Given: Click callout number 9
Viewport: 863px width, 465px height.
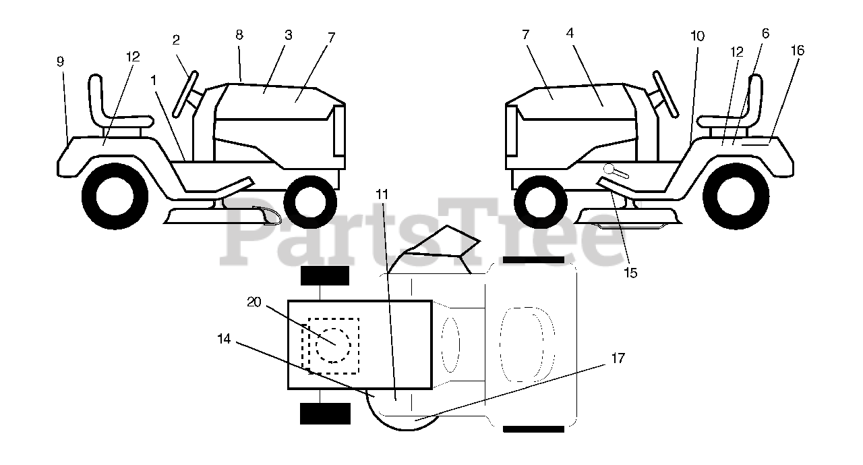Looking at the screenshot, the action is [61, 61].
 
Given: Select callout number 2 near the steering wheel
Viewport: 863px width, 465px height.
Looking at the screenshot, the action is [176, 40].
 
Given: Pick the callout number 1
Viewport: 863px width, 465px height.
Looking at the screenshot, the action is [154, 80].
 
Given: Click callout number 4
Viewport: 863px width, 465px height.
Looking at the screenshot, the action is [570, 32].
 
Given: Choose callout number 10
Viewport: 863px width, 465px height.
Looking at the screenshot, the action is [697, 36].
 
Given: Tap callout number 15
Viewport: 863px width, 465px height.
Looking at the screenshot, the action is [630, 273].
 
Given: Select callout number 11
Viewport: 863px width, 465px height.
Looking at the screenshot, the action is [382, 194].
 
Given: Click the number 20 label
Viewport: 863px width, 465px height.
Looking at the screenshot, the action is [254, 302].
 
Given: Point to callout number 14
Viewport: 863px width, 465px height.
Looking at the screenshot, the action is [224, 339].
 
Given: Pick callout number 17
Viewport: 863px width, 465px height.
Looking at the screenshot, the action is [618, 358].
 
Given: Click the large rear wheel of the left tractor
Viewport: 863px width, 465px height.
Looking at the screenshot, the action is [115, 196].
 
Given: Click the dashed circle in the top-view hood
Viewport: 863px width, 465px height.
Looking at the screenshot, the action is [334, 345].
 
